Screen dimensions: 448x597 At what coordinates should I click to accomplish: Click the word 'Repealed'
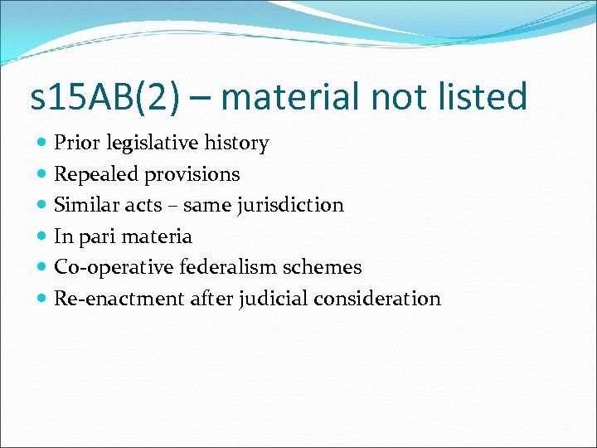click(95, 175)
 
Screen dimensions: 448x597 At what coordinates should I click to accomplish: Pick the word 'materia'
click(157, 236)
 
